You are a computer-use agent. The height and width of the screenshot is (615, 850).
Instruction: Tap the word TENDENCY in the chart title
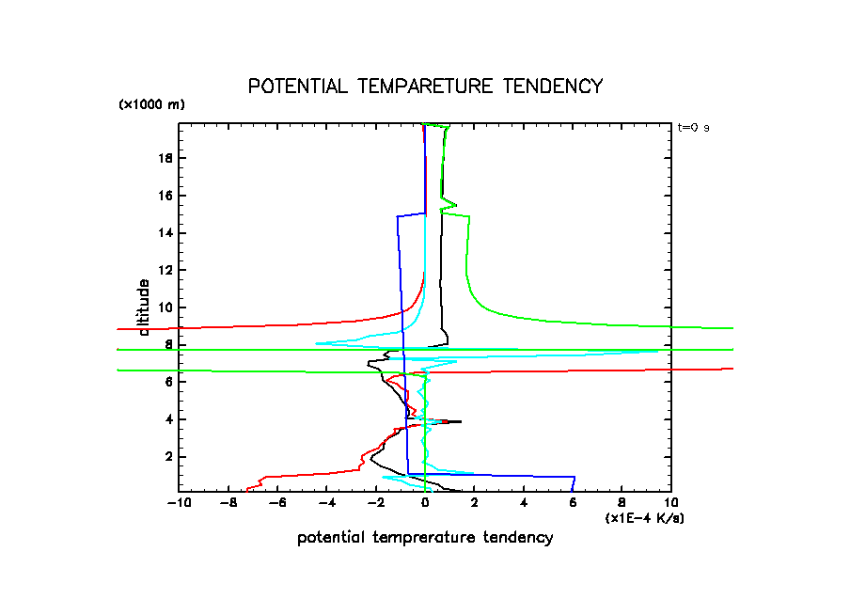pyautogui.click(x=552, y=87)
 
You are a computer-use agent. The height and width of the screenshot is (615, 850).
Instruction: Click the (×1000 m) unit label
pyautogui.click(x=151, y=104)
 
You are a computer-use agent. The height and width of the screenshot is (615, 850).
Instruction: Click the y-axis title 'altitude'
pyautogui.click(x=144, y=307)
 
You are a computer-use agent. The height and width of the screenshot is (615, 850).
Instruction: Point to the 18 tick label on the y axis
pyautogui.click(x=165, y=158)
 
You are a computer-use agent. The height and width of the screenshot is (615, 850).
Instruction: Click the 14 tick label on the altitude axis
pyautogui.click(x=165, y=232)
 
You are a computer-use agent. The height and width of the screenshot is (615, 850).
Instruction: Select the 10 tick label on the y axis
pyautogui.click(x=165, y=307)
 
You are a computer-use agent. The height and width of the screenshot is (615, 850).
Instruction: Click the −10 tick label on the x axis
pyautogui.click(x=179, y=504)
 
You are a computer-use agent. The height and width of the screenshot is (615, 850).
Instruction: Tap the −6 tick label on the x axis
pyautogui.click(x=277, y=504)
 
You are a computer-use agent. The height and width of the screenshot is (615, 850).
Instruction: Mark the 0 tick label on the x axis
pyautogui.click(x=425, y=504)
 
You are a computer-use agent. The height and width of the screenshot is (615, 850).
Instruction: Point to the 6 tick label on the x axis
pyautogui.click(x=573, y=504)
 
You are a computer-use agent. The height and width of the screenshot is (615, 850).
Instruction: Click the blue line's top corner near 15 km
pyautogui.click(x=397, y=216)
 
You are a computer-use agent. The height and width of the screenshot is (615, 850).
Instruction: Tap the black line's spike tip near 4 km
pyautogui.click(x=461, y=421)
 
